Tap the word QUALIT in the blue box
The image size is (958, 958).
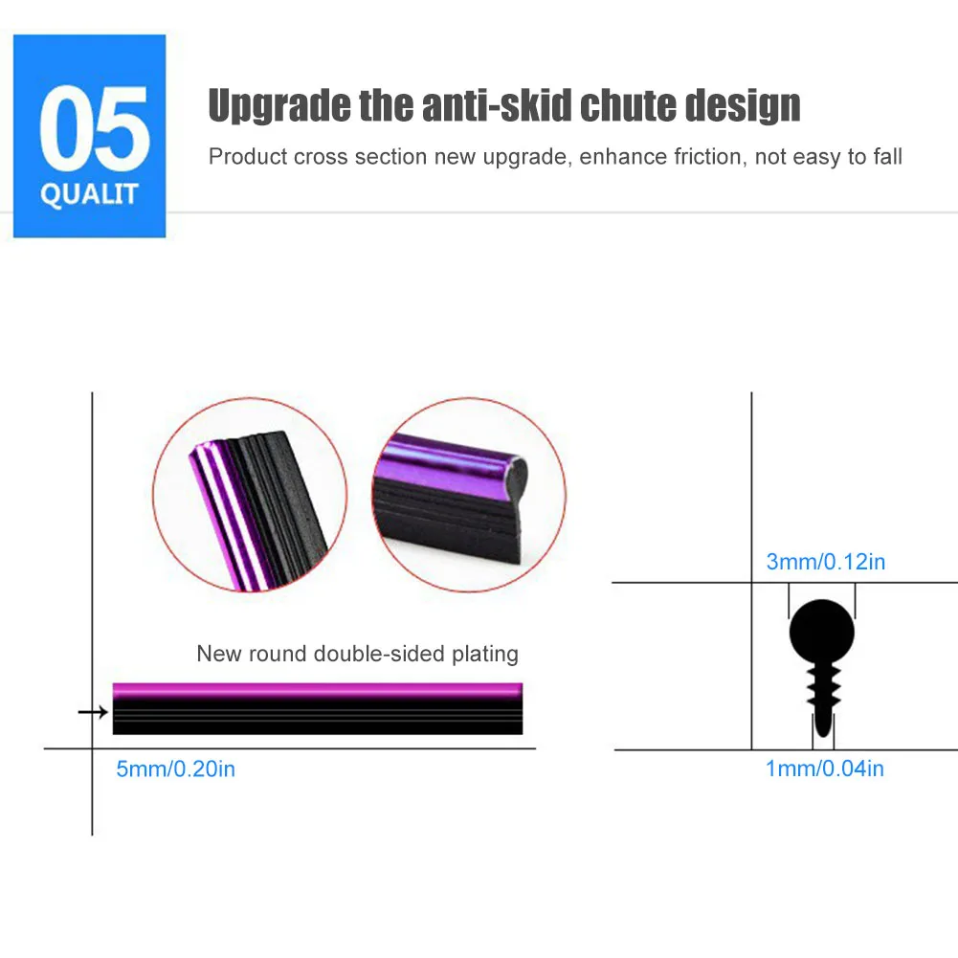[x=89, y=194]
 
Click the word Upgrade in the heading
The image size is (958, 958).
[x=279, y=105]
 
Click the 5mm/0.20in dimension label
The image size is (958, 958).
[x=175, y=769]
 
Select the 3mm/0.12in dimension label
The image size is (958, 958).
[x=825, y=562]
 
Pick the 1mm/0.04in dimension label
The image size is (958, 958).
[x=825, y=768]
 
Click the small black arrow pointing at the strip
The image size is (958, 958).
[x=93, y=712]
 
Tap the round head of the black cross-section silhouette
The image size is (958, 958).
[x=822, y=631]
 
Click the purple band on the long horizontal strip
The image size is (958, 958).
[x=318, y=691]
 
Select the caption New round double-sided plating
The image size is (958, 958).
[x=357, y=654]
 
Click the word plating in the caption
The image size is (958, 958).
[x=485, y=655]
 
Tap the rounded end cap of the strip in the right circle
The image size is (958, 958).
[x=516, y=474]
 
